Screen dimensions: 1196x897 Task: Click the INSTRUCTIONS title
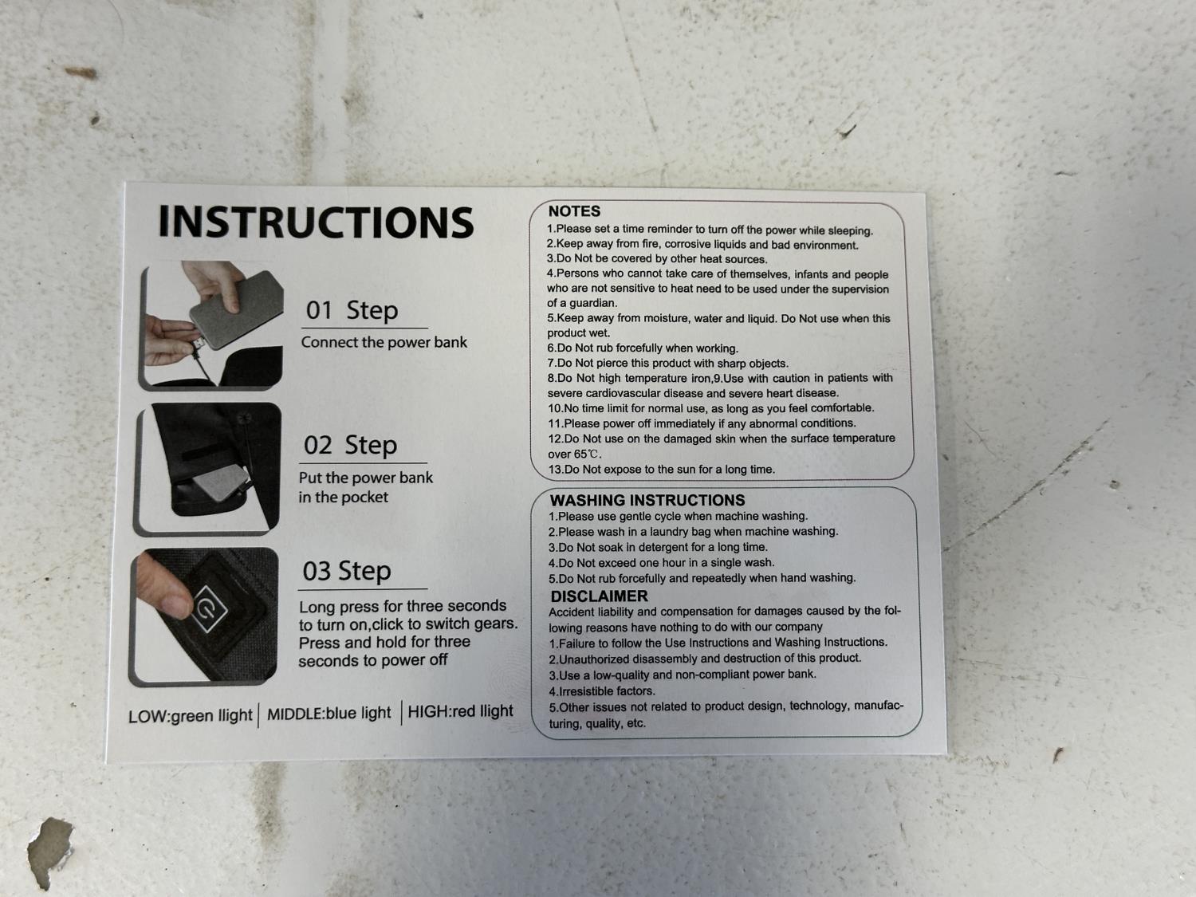(x=316, y=222)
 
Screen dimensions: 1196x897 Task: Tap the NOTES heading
(x=574, y=211)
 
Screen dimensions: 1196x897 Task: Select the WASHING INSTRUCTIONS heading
(x=647, y=500)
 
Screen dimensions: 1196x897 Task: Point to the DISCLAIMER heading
(x=599, y=596)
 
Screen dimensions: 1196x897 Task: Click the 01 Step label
(x=352, y=310)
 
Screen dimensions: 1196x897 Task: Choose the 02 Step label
(x=350, y=445)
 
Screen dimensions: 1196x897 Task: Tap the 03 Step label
(x=347, y=571)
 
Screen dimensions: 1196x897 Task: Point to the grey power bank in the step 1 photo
(x=237, y=309)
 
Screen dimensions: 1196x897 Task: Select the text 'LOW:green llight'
(x=190, y=715)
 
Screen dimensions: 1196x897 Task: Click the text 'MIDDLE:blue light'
(x=329, y=713)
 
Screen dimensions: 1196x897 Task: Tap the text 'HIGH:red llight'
(x=460, y=710)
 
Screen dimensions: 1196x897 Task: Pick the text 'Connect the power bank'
(x=384, y=342)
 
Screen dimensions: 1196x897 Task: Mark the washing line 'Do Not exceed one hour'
(x=662, y=562)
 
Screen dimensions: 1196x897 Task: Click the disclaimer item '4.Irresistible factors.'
(x=602, y=691)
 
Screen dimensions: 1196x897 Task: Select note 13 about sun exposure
(x=662, y=469)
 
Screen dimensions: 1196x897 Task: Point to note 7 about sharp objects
(x=668, y=363)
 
